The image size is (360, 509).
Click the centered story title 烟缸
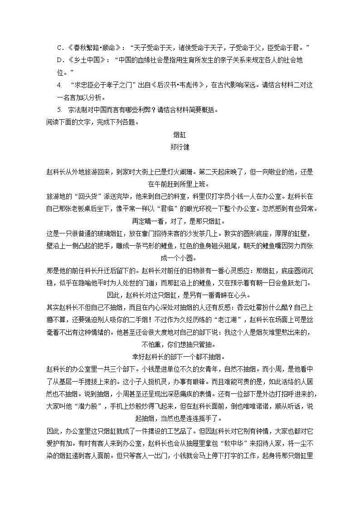coord(180,135)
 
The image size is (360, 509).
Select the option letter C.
coord(59,48)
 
